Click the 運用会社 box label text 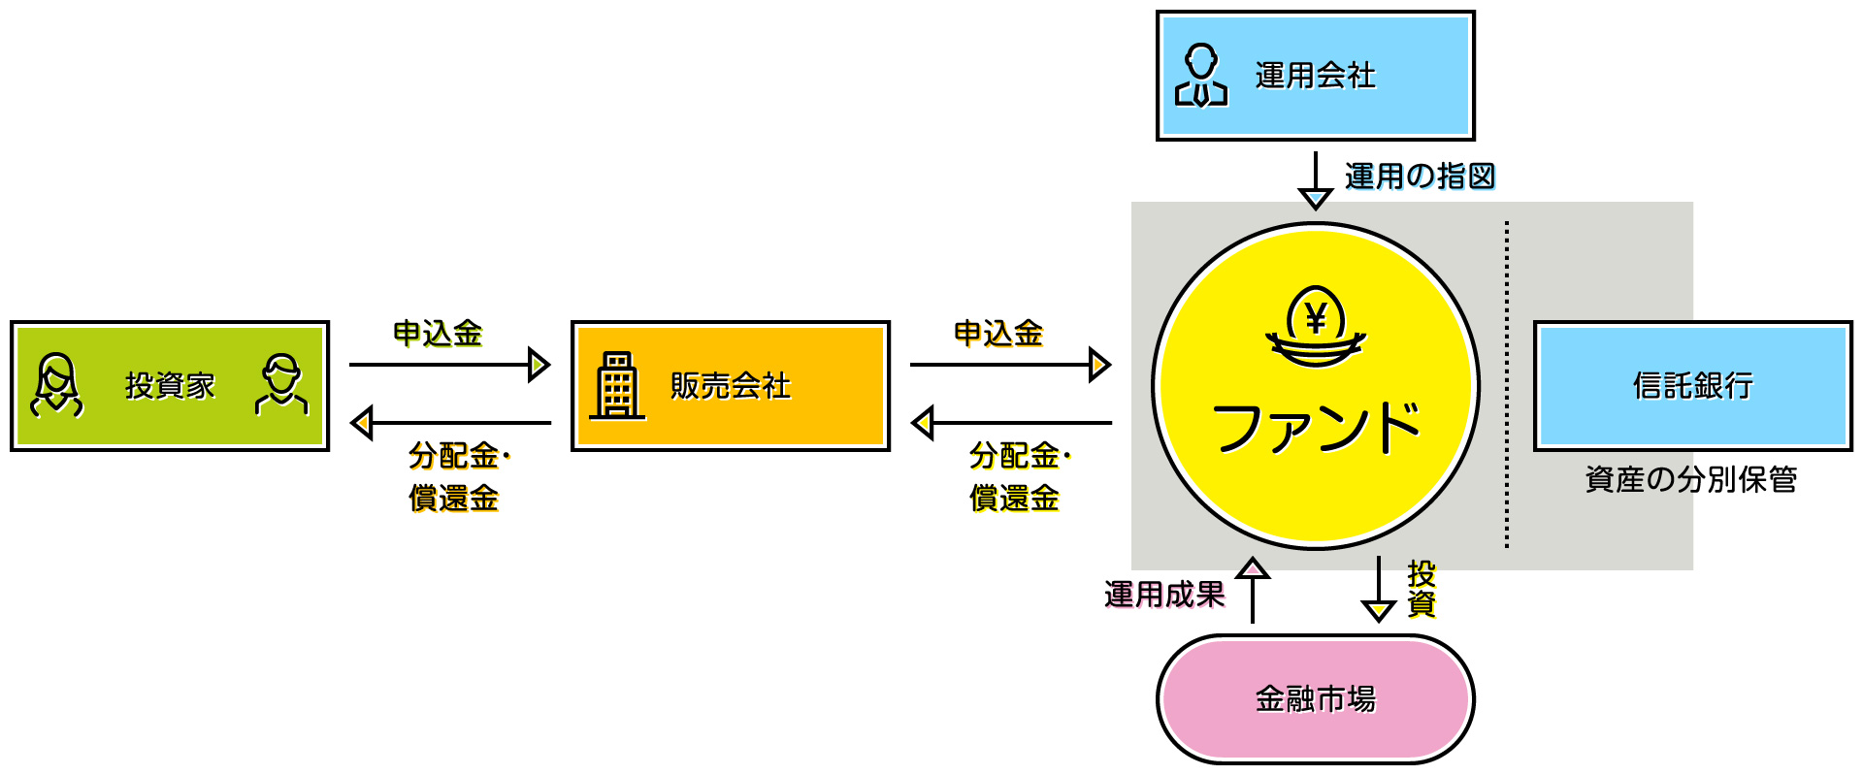pos(1315,76)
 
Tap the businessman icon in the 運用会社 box pos(1201,76)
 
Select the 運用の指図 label pos(1420,177)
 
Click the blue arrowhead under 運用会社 pos(1315,198)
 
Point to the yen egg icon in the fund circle pos(1316,326)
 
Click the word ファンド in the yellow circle pos(1316,427)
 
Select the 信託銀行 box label pos(1692,386)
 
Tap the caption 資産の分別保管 pos(1690,479)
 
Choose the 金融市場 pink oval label pos(1315,698)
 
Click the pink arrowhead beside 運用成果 pos(1253,568)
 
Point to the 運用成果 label pos(1164,595)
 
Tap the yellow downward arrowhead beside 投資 pos(1378,610)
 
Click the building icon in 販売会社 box pos(617,386)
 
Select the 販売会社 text pos(730,386)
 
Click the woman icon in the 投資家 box pos(57,386)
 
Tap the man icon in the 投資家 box pos(281,386)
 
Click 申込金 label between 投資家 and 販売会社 pos(438,334)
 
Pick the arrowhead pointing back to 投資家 pos(362,423)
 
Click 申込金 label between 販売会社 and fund pos(998,334)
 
